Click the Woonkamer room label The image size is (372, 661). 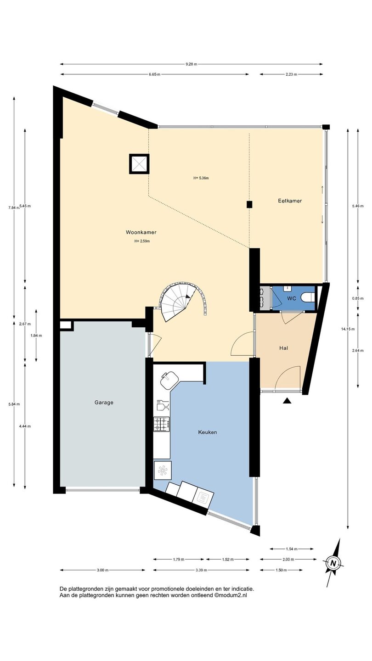coord(141,232)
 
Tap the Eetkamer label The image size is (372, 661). coord(290,201)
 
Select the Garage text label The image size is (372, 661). coord(104,402)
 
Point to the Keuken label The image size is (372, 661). coord(208,432)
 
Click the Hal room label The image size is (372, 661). coord(284,348)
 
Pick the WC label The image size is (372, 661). coord(292,298)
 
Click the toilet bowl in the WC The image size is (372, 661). coord(308,298)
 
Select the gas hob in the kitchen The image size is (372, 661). coord(162,424)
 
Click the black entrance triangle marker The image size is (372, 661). coord(287,400)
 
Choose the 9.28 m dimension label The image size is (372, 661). coord(192,64)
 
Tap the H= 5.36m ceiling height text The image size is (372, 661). coord(201,178)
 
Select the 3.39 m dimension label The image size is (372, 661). coord(201,570)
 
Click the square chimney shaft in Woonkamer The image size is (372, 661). coord(139,164)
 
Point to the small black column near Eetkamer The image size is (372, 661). coord(250,204)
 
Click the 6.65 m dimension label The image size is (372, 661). coord(154,74)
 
